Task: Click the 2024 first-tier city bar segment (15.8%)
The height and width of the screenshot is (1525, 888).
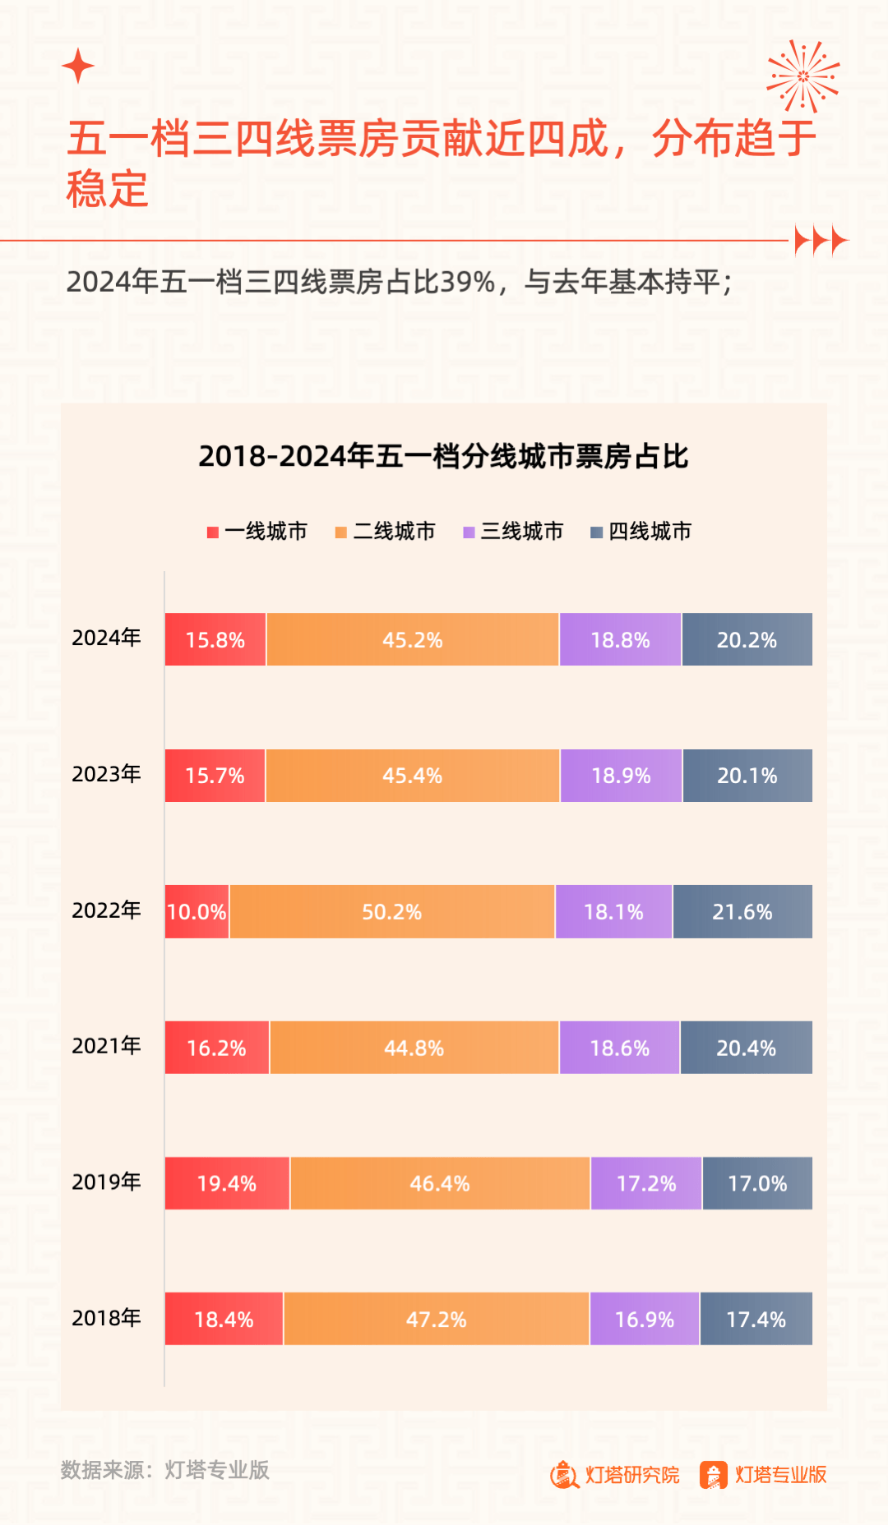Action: [215, 639]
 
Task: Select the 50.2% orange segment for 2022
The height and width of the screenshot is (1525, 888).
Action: [392, 911]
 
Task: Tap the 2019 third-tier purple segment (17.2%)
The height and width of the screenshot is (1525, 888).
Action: [646, 1183]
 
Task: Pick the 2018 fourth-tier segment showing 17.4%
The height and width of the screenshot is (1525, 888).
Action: [756, 1319]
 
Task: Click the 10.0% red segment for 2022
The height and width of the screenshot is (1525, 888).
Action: [197, 911]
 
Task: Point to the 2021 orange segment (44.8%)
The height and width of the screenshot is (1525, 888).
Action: [414, 1048]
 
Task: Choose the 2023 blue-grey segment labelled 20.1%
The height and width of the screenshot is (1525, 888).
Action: [747, 776]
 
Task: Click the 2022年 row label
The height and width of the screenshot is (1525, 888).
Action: [106, 910]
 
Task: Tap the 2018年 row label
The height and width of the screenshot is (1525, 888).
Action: [106, 1318]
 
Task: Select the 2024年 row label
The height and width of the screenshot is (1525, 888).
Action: [106, 638]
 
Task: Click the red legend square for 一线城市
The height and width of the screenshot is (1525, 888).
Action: [213, 532]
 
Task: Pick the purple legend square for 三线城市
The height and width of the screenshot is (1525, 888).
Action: [469, 532]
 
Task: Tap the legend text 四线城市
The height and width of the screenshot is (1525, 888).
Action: [650, 532]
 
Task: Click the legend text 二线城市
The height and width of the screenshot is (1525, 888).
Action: [394, 532]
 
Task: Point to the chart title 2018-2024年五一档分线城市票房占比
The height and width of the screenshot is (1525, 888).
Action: [443, 456]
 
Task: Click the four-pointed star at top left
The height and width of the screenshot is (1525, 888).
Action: [78, 66]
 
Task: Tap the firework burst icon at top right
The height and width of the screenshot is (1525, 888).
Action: [803, 76]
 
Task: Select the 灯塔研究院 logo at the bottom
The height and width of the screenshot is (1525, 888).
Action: [615, 1475]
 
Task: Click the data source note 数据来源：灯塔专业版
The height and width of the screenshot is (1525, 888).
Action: [165, 1470]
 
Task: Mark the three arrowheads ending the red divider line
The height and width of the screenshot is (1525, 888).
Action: [821, 241]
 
